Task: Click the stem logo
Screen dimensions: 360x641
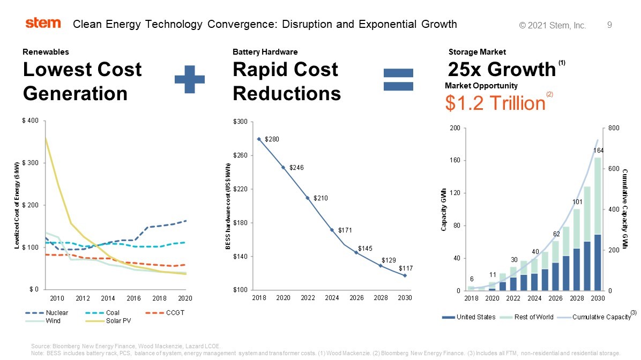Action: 43,23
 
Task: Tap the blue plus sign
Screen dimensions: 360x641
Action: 190,79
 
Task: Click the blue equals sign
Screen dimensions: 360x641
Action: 399,80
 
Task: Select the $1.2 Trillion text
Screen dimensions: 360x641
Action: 495,102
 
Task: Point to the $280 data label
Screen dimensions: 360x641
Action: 272,139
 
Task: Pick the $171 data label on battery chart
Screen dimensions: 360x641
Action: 344,230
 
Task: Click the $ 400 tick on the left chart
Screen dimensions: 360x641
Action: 29,121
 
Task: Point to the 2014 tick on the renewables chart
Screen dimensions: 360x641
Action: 108,298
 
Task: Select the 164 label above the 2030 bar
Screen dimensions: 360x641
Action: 598,150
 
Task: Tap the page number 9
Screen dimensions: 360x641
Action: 609,25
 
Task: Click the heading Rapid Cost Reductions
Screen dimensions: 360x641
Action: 287,81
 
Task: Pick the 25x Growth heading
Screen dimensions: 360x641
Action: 502,70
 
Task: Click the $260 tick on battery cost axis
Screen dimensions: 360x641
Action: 241,156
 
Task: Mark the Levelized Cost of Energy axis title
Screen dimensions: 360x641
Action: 17,205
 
